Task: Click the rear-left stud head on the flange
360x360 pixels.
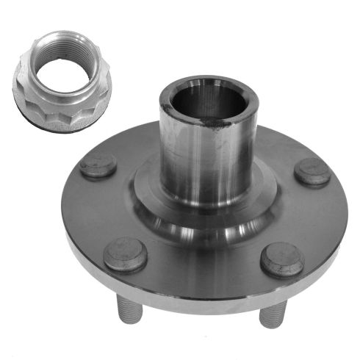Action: [x=97, y=166]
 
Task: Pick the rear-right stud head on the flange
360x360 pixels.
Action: [x=312, y=172]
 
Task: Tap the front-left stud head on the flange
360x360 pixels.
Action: [x=126, y=254]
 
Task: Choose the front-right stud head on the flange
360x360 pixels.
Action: [x=282, y=259]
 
